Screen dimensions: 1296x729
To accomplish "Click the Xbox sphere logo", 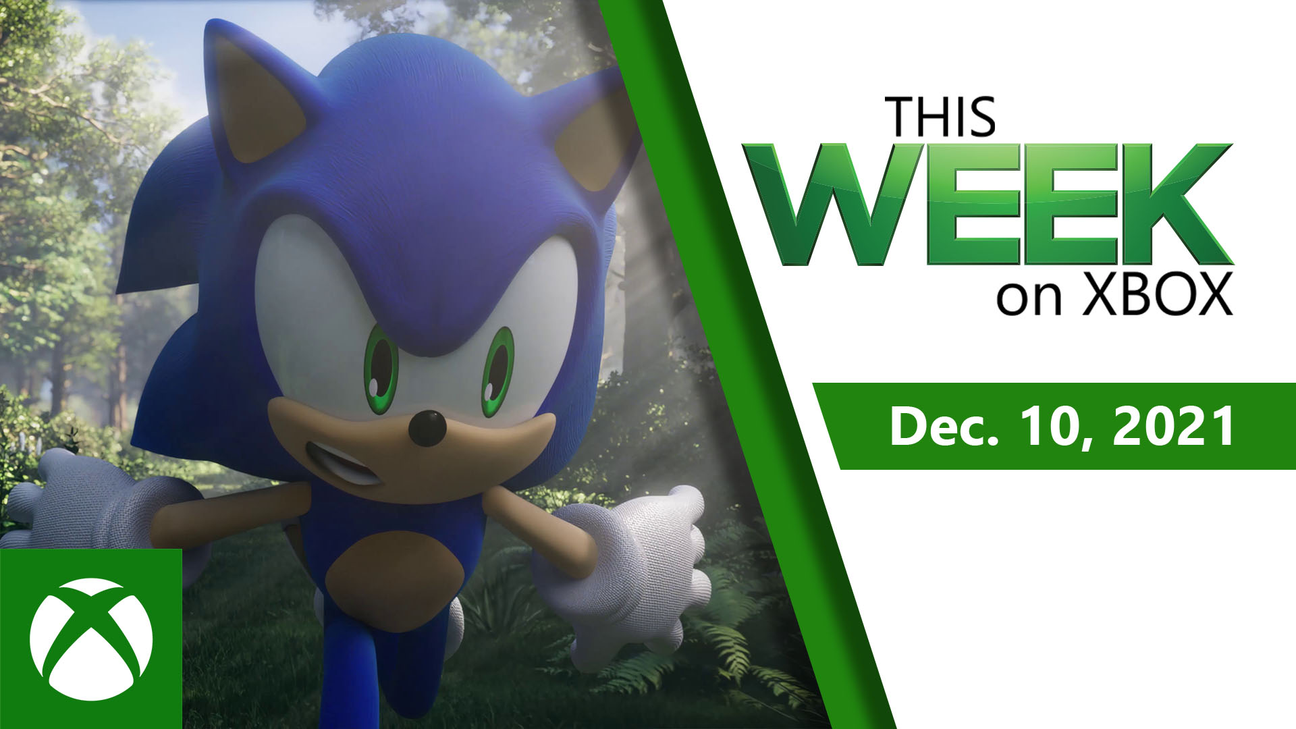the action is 91,639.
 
